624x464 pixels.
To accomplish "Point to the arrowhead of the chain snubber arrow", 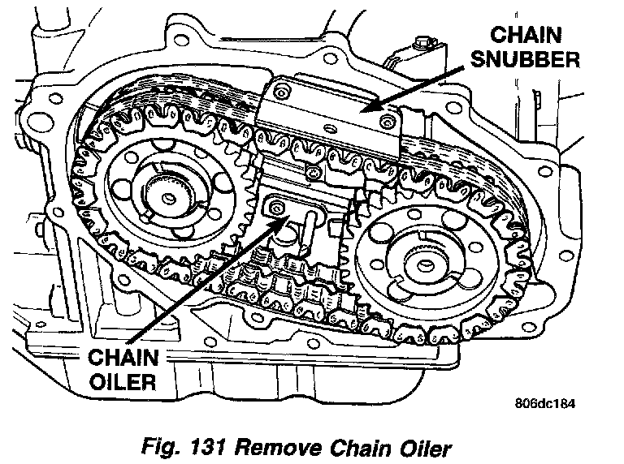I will [x=366, y=108].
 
